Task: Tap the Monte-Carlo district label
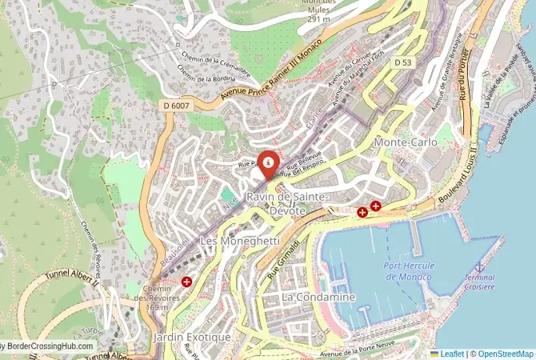406,142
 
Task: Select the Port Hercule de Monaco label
414,271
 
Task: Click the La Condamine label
318,297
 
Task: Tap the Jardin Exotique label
193,338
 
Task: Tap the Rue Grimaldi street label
283,256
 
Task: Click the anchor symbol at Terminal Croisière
479,267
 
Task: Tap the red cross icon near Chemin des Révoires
186,282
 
